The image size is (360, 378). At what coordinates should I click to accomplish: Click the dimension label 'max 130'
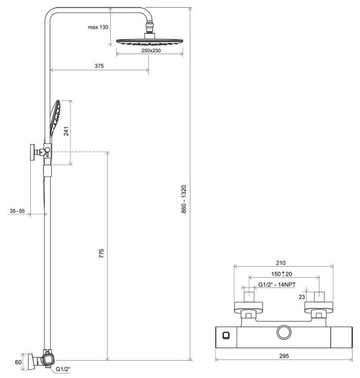click(98, 27)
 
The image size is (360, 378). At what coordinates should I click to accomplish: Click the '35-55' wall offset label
click(18, 211)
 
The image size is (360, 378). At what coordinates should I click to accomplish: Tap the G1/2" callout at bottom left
click(62, 369)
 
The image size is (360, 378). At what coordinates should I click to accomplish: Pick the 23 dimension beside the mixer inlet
click(301, 297)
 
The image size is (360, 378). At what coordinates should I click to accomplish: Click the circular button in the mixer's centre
click(283, 333)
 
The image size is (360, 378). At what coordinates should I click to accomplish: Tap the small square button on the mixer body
click(226, 333)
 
